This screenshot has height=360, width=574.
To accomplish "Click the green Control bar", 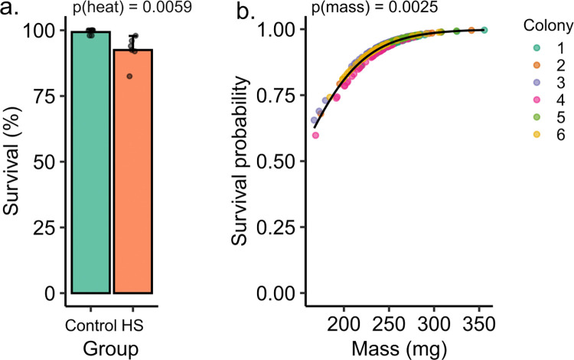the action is click(x=91, y=162).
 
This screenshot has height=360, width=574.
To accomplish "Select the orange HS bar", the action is click(x=132, y=171).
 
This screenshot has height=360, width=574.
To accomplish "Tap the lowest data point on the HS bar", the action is click(x=129, y=76).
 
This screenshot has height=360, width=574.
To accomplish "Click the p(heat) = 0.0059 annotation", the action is click(x=132, y=7).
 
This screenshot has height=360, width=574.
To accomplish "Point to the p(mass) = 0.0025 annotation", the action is click(x=374, y=7).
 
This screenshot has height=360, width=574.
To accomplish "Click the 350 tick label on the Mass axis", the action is click(x=480, y=324).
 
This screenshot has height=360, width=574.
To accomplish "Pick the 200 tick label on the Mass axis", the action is click(x=344, y=324).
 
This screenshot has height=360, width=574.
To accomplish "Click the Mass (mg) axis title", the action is click(x=399, y=349).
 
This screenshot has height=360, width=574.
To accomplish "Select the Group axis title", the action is click(x=111, y=349).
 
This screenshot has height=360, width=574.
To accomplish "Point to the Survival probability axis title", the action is click(x=240, y=160).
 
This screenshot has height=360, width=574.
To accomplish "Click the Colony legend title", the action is click(x=548, y=25).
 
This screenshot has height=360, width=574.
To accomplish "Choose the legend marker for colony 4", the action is click(x=537, y=100).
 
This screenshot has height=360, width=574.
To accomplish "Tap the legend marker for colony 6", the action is click(x=537, y=134).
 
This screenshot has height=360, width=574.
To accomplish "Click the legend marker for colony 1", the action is click(x=537, y=47).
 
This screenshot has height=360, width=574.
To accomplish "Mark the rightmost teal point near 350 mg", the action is click(x=484, y=30).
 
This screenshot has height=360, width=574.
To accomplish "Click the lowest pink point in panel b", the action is click(x=315, y=136).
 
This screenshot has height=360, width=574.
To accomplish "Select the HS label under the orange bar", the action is click(x=132, y=326).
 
